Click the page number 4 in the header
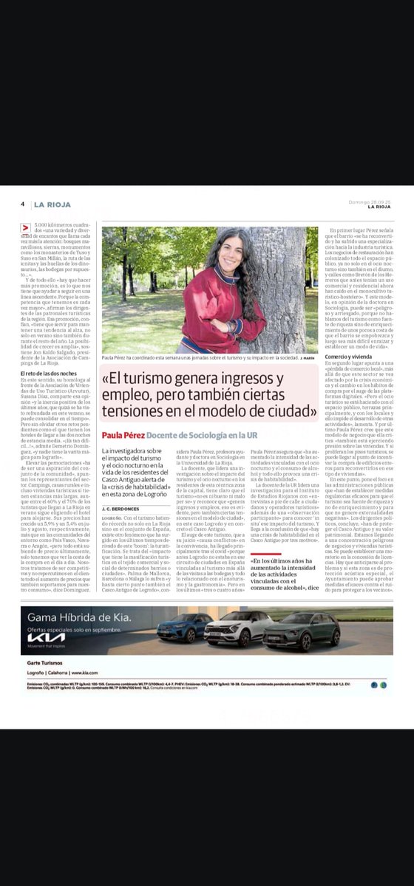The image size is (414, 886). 23,204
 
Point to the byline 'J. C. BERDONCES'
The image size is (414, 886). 122,508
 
